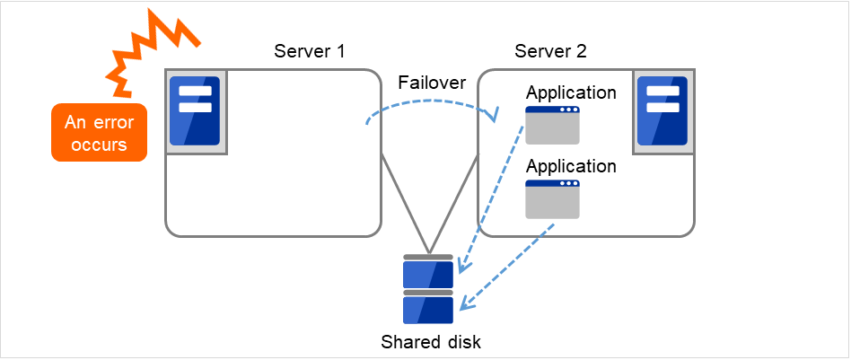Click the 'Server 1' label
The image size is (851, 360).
pyautogui.click(x=309, y=51)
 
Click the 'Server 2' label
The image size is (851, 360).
pyautogui.click(x=550, y=51)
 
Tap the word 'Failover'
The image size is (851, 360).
pyautogui.click(x=432, y=83)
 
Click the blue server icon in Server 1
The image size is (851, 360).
pyautogui.click(x=195, y=110)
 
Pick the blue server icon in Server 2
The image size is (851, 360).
pyautogui.click(x=661, y=110)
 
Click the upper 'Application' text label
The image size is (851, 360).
pyautogui.click(x=571, y=93)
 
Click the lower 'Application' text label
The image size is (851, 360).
pyautogui.click(x=571, y=167)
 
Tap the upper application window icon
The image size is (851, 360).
pyautogui.click(x=552, y=126)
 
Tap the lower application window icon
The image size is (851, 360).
pyautogui.click(x=552, y=199)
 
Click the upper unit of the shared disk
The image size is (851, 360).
pyautogui.click(x=429, y=271)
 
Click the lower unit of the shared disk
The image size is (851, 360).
pyautogui.click(x=429, y=309)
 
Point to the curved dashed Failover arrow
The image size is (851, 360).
pyautogui.click(x=431, y=101)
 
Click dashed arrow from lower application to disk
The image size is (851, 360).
pyautogui.click(x=507, y=265)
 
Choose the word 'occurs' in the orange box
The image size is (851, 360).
pyautogui.click(x=99, y=145)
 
